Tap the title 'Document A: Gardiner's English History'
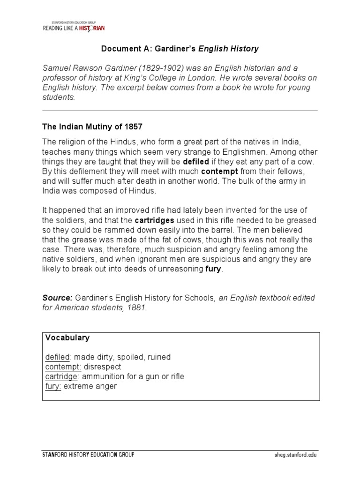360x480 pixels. [x=180, y=48]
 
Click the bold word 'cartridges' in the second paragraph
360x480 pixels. [x=155, y=220]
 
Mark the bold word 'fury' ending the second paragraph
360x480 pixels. [x=213, y=270]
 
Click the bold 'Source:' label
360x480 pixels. [x=57, y=298]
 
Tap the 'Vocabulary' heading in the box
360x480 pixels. [x=67, y=337]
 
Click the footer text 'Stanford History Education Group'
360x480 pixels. [x=88, y=455]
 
